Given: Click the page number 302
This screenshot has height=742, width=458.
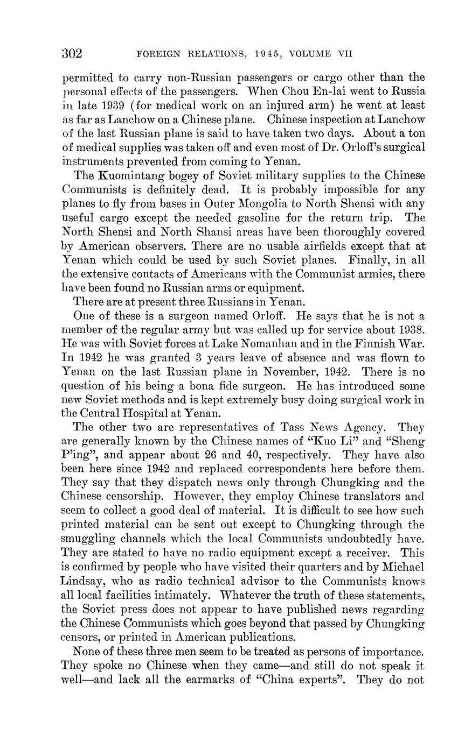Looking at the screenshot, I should (72, 53).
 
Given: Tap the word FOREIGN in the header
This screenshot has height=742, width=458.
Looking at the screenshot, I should (156, 54).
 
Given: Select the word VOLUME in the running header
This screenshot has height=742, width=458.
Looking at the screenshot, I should (310, 54).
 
